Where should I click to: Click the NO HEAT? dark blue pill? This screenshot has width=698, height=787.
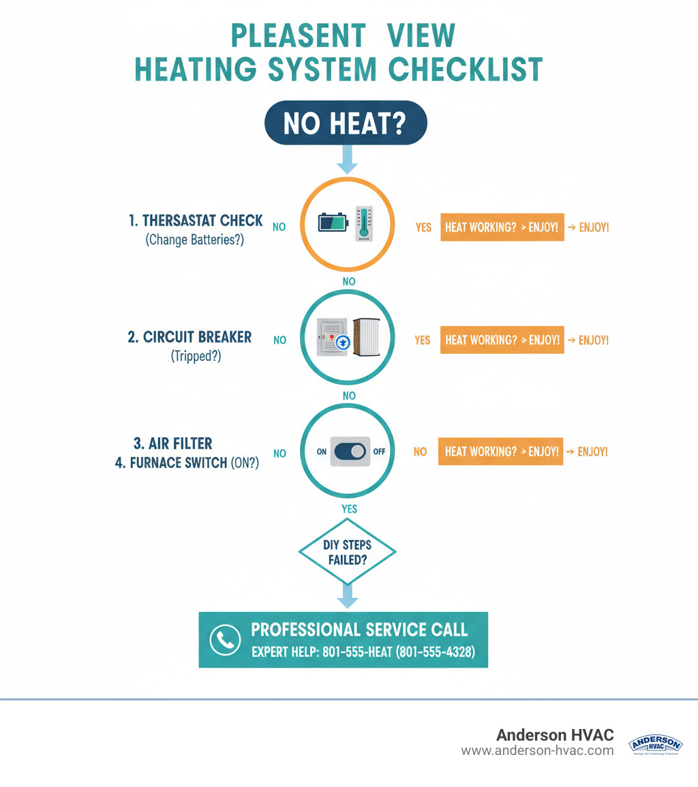[345, 123]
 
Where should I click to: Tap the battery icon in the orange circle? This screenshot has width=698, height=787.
[333, 222]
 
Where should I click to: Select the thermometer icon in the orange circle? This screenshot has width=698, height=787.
[363, 224]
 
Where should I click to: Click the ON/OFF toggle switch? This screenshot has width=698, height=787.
[350, 451]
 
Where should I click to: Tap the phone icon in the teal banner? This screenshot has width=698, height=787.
[225, 640]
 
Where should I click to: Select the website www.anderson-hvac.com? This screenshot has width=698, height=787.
[537, 750]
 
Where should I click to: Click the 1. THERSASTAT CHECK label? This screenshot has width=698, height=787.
[196, 221]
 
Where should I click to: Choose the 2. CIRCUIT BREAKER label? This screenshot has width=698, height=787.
[189, 337]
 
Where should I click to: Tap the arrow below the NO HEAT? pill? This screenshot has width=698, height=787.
[347, 161]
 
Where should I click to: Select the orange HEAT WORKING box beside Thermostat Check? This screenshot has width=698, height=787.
[502, 227]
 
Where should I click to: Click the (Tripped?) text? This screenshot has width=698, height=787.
[196, 355]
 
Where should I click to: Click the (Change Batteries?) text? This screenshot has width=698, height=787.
[196, 239]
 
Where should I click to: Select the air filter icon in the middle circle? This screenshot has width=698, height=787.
[368, 338]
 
